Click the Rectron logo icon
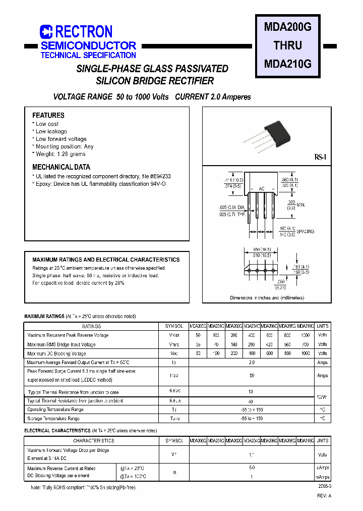click(x=46, y=32)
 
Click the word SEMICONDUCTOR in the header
click(x=88, y=45)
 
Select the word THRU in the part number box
click(x=287, y=45)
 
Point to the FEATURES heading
click(x=48, y=115)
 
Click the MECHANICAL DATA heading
click(x=61, y=167)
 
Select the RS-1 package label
click(x=321, y=158)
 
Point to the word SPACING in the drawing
click(x=304, y=231)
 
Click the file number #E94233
click(x=160, y=176)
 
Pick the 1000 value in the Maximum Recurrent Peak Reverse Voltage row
click(x=305, y=335)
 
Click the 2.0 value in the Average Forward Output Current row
click(x=252, y=363)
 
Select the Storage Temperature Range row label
click(x=53, y=419)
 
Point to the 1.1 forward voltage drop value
click(x=252, y=454)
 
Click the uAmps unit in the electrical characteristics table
click(x=323, y=468)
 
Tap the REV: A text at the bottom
click(x=324, y=495)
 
